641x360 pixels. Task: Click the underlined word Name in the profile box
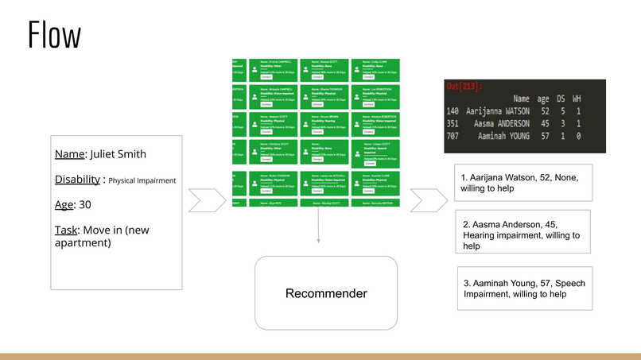coord(70,153)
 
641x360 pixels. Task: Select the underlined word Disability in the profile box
coord(77,180)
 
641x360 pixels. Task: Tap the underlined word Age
coord(64,204)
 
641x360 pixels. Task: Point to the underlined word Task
coord(67,230)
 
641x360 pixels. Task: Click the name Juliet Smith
coord(118,153)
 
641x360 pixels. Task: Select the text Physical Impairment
coord(142,180)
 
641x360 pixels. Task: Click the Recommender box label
coord(326,293)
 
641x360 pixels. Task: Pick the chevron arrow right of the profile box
coord(207,200)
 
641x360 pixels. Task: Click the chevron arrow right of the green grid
coord(429,200)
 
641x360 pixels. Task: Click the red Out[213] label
coord(464,86)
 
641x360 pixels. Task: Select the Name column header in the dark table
coord(521,99)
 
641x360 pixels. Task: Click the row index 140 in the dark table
coord(453,112)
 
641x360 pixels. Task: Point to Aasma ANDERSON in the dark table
coord(501,124)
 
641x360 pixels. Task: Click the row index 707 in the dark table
coord(453,137)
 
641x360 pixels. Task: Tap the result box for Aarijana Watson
coord(523,183)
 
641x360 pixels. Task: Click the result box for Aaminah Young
coord(524,288)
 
